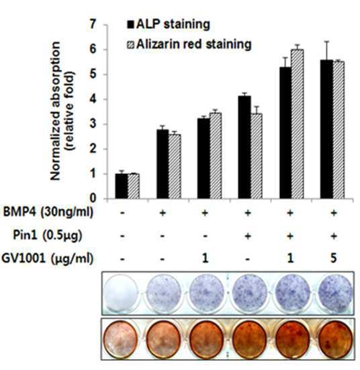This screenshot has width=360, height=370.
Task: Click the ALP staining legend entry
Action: pyautogui.click(x=169, y=25)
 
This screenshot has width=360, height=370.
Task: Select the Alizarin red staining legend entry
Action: pyautogui.click(x=189, y=44)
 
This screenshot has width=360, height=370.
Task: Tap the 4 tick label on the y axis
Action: pyautogui.click(x=93, y=99)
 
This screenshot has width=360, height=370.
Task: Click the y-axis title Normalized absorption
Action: pyautogui.click(x=56, y=111)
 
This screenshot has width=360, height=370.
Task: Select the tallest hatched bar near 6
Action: pyautogui.click(x=298, y=124)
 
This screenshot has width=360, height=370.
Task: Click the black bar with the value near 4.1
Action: pyautogui.click(x=244, y=147)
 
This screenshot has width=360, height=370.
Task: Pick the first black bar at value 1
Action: pyautogui.click(x=122, y=186)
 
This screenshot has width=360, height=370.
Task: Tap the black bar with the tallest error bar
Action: pyautogui.click(x=326, y=130)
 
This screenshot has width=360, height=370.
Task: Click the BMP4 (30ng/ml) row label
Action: pyautogui.click(x=48, y=212)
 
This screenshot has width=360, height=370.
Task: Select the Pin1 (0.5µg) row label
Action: pyautogui.click(x=47, y=235)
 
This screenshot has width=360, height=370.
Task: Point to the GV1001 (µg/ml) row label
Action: pyautogui.click(x=47, y=259)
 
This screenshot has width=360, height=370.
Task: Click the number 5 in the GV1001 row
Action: pyautogui.click(x=333, y=259)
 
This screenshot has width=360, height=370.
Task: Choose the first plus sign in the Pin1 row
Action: pyautogui.click(x=247, y=236)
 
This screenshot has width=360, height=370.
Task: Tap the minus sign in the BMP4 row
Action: pyautogui.click(x=122, y=213)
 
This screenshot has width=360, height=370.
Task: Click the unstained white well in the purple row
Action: pyautogui.click(x=121, y=293)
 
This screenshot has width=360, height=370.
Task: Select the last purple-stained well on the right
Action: pyautogui.click(x=335, y=293)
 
